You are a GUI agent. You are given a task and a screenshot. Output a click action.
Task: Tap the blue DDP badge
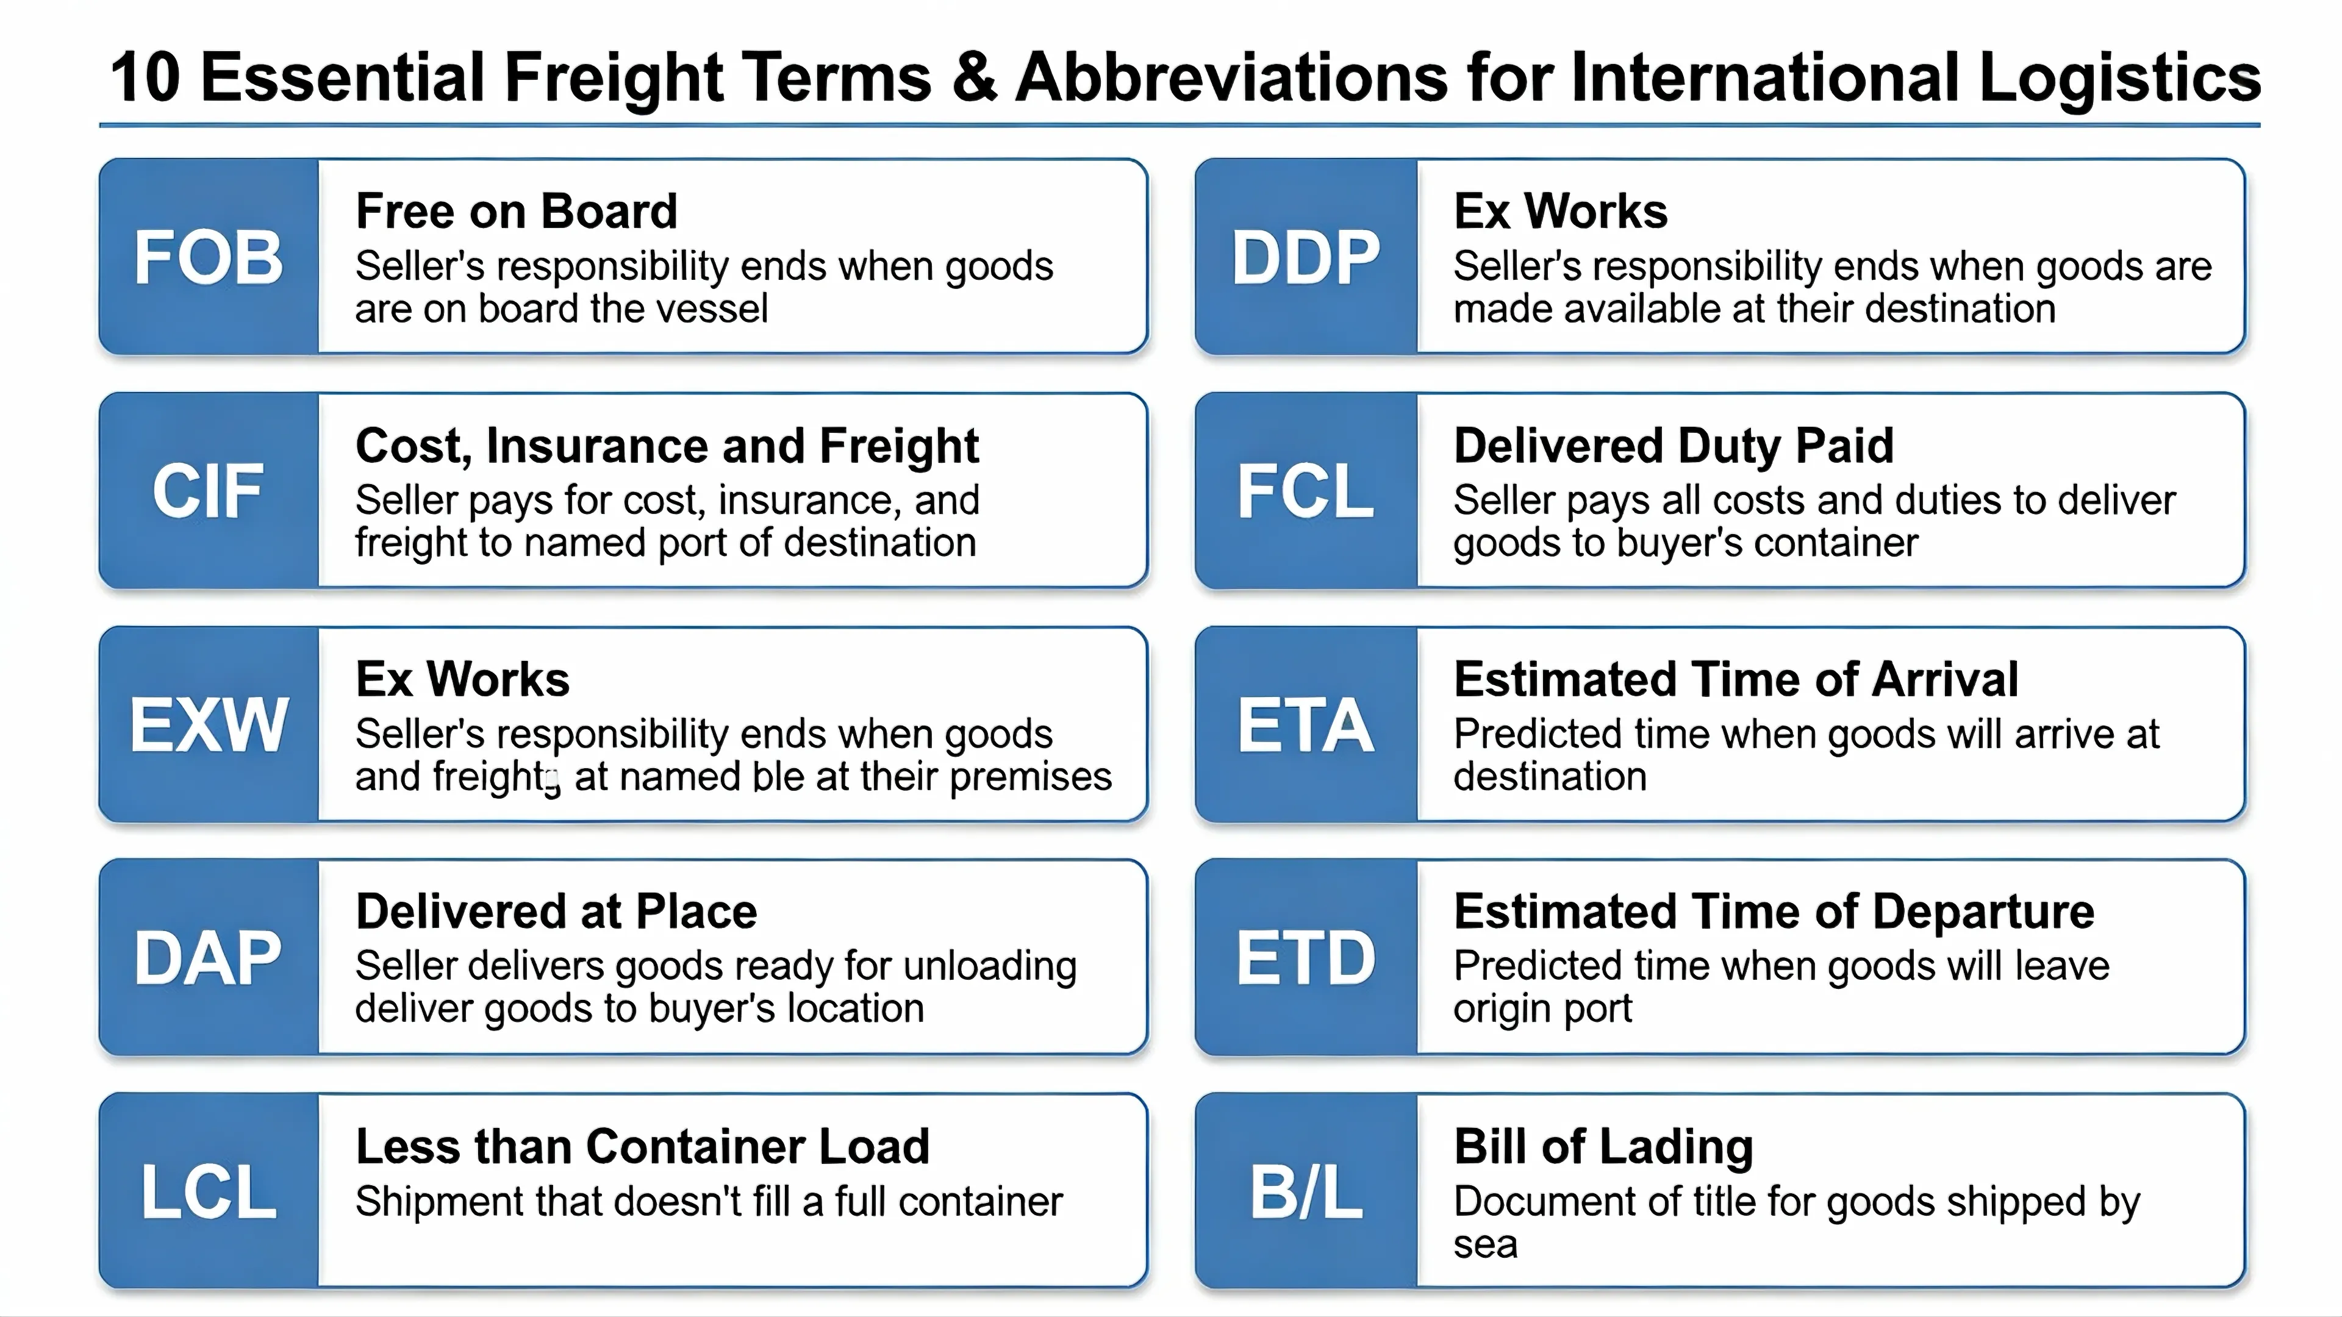pyautogui.click(x=1306, y=256)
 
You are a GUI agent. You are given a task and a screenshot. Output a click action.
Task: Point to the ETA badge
pyautogui.click(x=1306, y=724)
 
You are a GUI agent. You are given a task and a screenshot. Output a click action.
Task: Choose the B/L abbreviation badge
pyautogui.click(x=1306, y=1191)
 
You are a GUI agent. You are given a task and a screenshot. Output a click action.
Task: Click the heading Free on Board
pyautogui.click(x=517, y=211)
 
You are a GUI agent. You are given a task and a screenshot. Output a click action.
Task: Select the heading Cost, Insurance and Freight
pyautogui.click(x=667, y=446)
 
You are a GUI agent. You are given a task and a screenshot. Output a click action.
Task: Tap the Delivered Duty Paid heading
pyautogui.click(x=1674, y=446)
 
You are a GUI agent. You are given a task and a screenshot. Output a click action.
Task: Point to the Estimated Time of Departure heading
pyautogui.click(x=1774, y=911)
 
